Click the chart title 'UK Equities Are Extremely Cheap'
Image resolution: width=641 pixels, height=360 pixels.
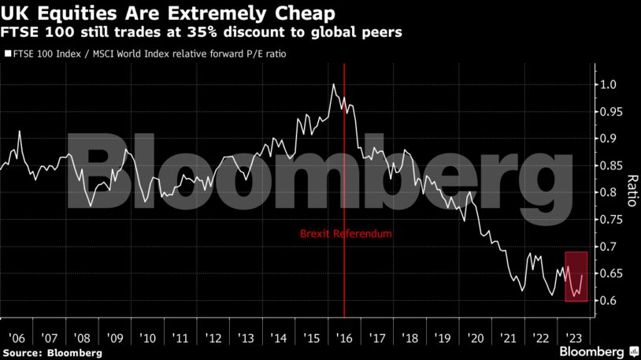point(167,13)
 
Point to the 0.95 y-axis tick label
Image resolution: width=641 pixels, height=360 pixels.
point(612,111)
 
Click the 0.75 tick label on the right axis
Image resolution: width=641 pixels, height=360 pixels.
point(612,219)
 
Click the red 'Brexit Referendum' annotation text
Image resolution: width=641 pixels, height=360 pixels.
point(345,234)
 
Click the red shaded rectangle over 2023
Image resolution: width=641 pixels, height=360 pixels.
point(576,276)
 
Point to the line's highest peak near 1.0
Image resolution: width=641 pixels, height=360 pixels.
point(334,84)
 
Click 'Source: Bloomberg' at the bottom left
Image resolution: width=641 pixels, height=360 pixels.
point(51,352)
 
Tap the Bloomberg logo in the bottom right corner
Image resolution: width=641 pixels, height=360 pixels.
point(592,351)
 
